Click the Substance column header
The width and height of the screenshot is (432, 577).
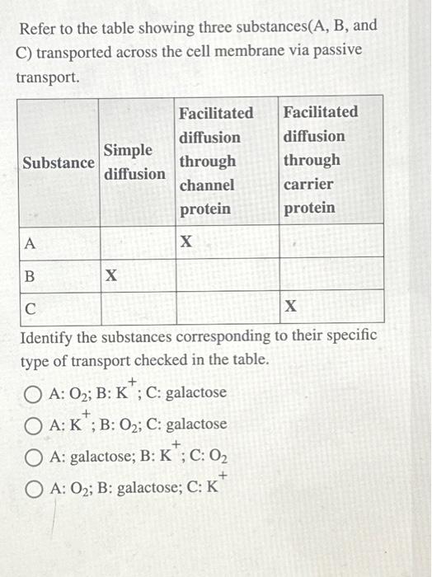(59, 162)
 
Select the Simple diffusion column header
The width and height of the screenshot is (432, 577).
(134, 162)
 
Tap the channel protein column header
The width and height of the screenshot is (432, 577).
(217, 160)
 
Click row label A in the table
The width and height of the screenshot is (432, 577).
(31, 243)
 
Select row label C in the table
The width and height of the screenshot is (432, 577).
(31, 308)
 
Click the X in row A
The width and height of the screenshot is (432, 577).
(186, 242)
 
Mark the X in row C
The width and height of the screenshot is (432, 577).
(290, 307)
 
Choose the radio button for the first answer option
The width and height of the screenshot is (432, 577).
(35, 393)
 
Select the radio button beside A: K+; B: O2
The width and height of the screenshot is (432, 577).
(35, 425)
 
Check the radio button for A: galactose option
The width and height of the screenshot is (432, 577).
(35, 457)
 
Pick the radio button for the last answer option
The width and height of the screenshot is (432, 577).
(35, 488)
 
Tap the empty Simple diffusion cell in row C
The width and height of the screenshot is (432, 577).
(137, 307)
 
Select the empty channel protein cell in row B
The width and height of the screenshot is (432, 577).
(226, 274)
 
